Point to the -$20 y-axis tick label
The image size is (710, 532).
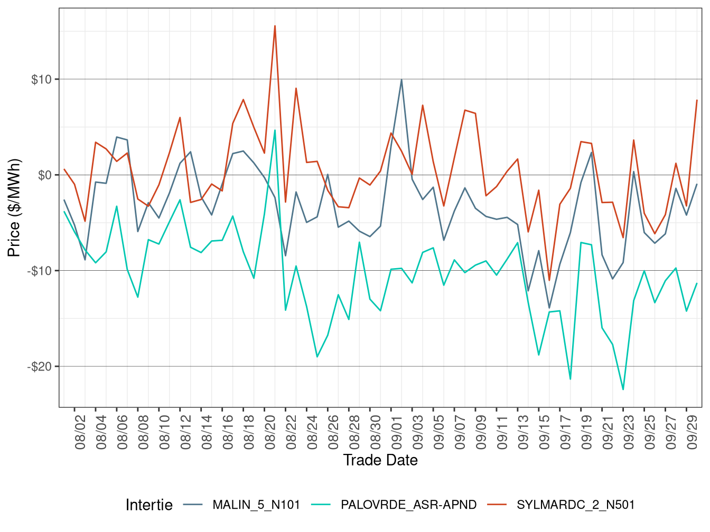tap(40, 367)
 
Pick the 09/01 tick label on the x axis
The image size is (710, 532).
tap(397, 432)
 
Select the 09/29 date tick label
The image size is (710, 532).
tap(692, 432)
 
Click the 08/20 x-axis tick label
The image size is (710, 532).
tap(270, 432)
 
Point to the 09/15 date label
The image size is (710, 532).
tap(544, 432)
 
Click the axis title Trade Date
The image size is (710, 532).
tap(380, 460)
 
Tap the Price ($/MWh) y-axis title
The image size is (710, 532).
tap(14, 208)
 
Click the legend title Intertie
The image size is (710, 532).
tap(149, 505)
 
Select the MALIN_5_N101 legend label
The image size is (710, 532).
tap(256, 505)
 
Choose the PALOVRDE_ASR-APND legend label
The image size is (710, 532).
tap(408, 505)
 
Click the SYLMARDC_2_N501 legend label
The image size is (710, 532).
tap(575, 505)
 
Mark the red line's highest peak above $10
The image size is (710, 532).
tap(275, 25)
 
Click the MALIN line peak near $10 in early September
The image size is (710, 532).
tap(401, 80)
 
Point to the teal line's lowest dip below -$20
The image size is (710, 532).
tap(623, 389)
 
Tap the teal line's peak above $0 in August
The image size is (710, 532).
tap(275, 130)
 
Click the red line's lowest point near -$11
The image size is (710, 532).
tap(549, 280)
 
